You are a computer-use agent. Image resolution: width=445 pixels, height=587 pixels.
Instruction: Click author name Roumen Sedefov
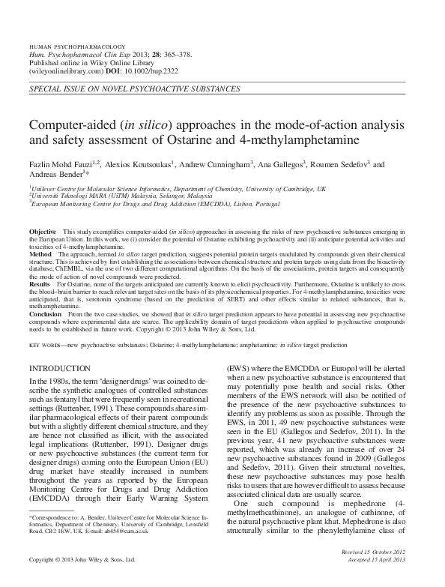339,163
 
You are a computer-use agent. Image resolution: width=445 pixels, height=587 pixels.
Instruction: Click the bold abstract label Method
40,255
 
